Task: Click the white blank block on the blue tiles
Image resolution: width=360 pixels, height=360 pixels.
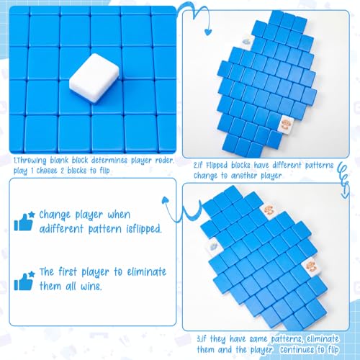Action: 94,78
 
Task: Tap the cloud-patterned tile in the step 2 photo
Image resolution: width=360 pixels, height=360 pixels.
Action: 246,41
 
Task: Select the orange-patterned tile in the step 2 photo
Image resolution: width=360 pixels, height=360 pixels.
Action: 285,124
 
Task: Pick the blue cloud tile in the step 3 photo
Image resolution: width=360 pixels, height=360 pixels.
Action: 212,246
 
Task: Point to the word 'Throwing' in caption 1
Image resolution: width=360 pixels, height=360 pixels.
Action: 31,161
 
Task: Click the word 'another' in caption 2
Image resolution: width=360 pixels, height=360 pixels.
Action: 244,176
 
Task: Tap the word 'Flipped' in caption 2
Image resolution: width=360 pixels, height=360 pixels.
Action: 217,166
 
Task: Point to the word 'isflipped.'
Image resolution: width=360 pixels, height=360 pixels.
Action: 144,229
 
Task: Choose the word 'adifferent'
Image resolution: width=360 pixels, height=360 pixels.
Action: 61,228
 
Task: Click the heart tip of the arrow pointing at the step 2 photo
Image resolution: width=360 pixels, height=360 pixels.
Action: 208,32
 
